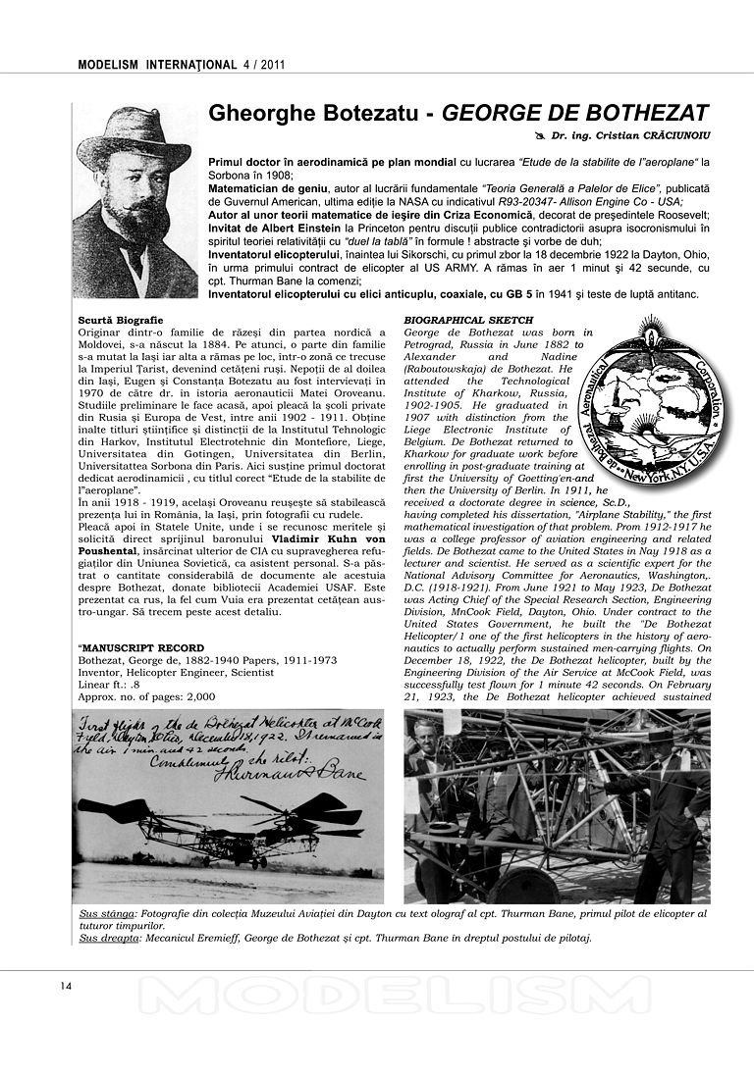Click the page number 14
point(67,986)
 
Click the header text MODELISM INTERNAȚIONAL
point(155,66)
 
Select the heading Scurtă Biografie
point(121,321)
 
